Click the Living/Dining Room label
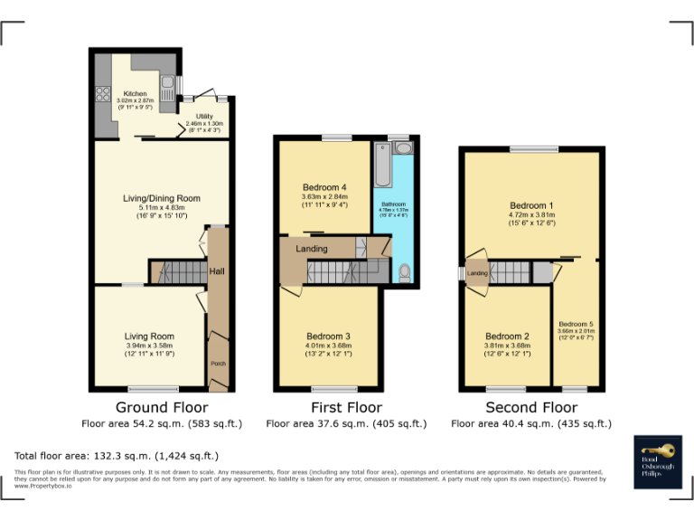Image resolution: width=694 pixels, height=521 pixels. tap(162, 198)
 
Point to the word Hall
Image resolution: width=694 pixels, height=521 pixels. tap(217, 270)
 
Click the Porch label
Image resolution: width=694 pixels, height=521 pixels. tap(218, 364)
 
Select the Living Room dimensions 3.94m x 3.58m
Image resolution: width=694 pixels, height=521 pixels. tap(149, 345)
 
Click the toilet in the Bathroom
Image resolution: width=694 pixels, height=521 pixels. tap(404, 271)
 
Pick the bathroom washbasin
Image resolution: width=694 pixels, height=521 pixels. tap(402, 147)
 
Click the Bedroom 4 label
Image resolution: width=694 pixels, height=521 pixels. tap(324, 187)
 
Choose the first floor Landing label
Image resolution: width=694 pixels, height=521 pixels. tap(312, 249)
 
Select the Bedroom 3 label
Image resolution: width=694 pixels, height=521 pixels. tap(327, 336)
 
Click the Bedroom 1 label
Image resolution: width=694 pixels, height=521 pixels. tap(528, 205)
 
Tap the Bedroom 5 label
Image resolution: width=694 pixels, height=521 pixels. tap(576, 324)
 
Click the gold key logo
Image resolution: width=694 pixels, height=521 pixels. tap(657, 450)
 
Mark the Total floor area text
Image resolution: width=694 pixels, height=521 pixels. tap(117, 456)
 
